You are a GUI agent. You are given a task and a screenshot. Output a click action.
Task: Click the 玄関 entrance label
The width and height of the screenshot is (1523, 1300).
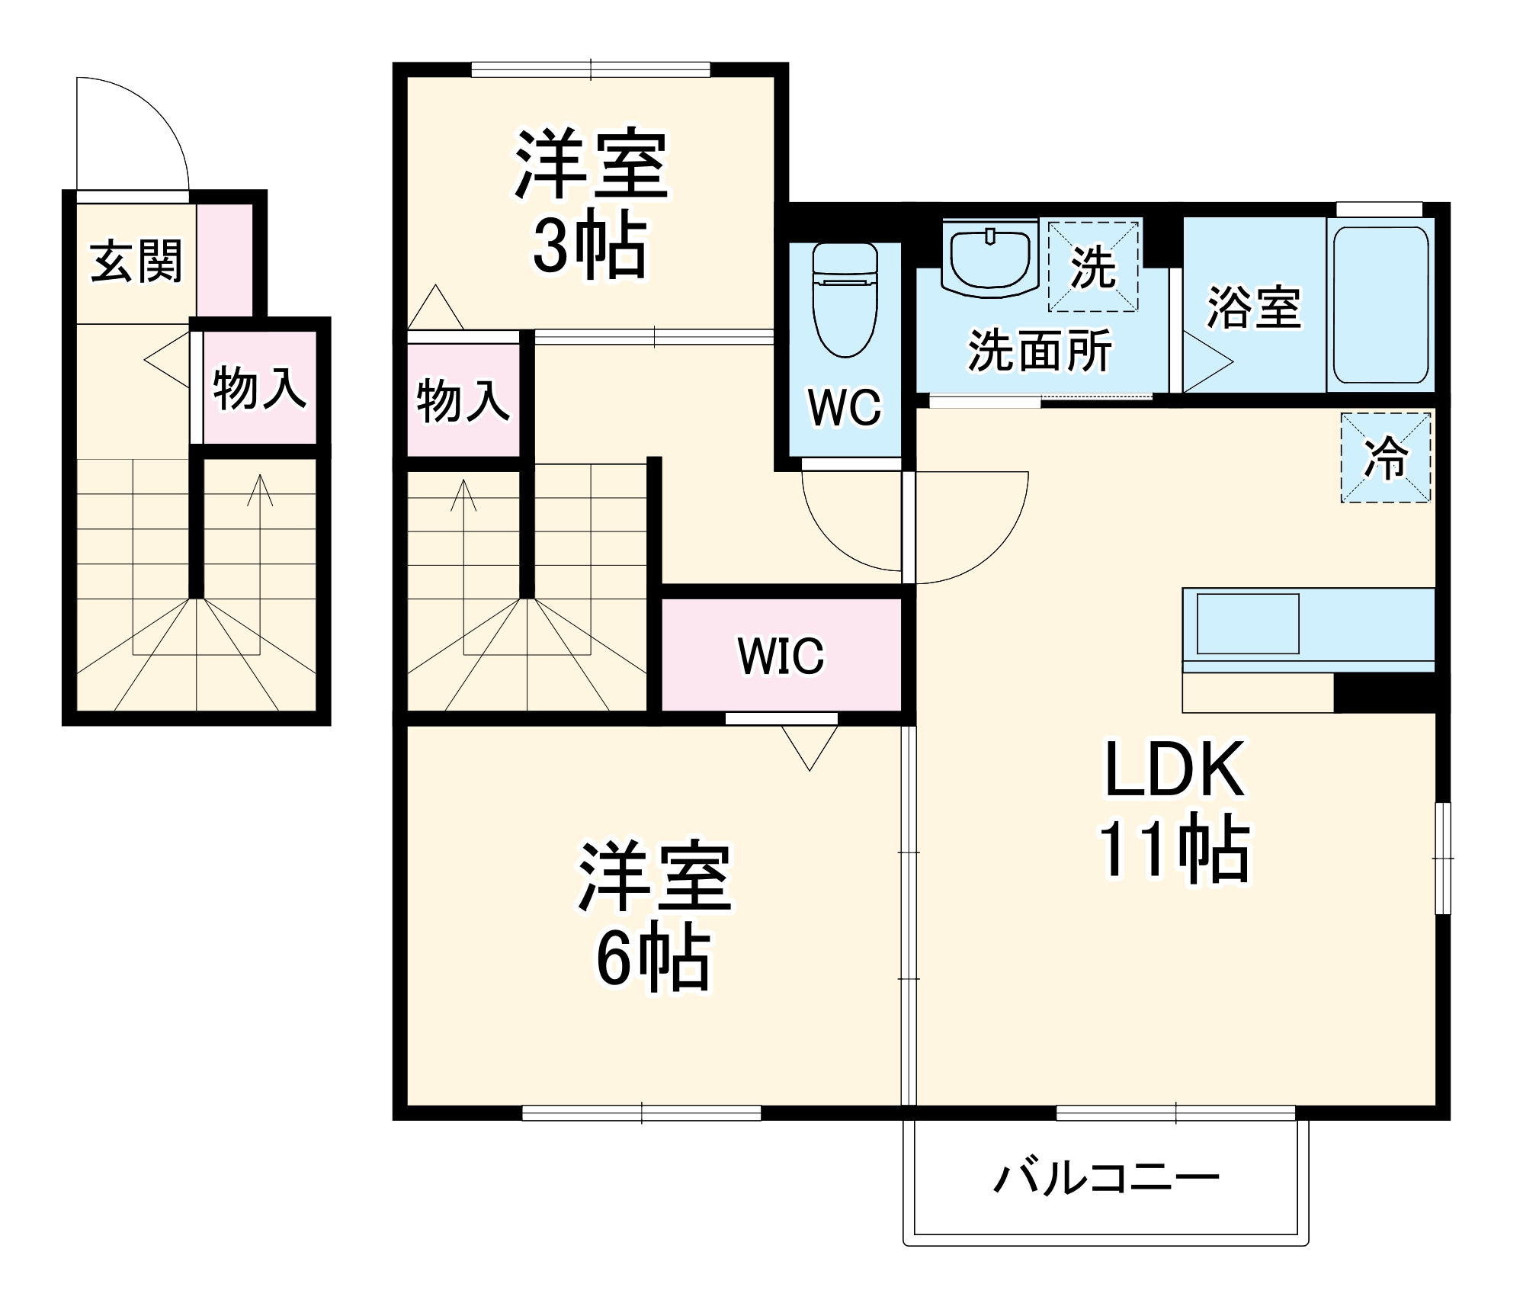pyautogui.click(x=136, y=262)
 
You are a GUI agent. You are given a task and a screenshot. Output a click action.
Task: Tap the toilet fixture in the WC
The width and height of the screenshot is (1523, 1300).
pyautogui.click(x=845, y=301)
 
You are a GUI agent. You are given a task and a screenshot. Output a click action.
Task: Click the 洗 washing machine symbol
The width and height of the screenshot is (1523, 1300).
pyautogui.click(x=1093, y=267)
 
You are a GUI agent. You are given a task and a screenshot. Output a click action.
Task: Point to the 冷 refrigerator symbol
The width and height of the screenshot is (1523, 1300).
pyautogui.click(x=1386, y=457)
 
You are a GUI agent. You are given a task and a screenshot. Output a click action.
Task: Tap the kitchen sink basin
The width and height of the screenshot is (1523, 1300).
pyautogui.click(x=1248, y=624)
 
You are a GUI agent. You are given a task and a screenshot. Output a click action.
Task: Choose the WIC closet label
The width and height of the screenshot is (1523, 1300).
pyautogui.click(x=781, y=656)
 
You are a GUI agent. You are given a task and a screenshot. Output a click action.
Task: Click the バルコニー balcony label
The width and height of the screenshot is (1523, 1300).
pyautogui.click(x=1106, y=1178)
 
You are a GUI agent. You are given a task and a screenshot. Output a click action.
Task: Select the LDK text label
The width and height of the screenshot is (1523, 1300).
pyautogui.click(x=1175, y=770)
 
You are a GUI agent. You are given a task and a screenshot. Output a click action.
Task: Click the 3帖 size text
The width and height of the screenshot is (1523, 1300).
pyautogui.click(x=589, y=246)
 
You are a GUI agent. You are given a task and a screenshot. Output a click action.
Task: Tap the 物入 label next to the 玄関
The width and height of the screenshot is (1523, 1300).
pyautogui.click(x=259, y=388)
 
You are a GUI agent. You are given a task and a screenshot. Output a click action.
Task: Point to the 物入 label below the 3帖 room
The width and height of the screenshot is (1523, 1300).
pyautogui.click(x=463, y=400)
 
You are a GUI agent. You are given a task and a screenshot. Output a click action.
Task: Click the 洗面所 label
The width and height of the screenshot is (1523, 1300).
pyautogui.click(x=1040, y=351)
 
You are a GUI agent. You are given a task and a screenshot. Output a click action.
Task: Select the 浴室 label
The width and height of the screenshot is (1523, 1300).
pyautogui.click(x=1253, y=308)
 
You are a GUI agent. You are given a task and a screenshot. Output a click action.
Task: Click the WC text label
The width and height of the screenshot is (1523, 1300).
pyautogui.click(x=845, y=407)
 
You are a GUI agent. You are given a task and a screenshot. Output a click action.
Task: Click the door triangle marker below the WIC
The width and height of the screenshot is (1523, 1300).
pyautogui.click(x=810, y=746)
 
